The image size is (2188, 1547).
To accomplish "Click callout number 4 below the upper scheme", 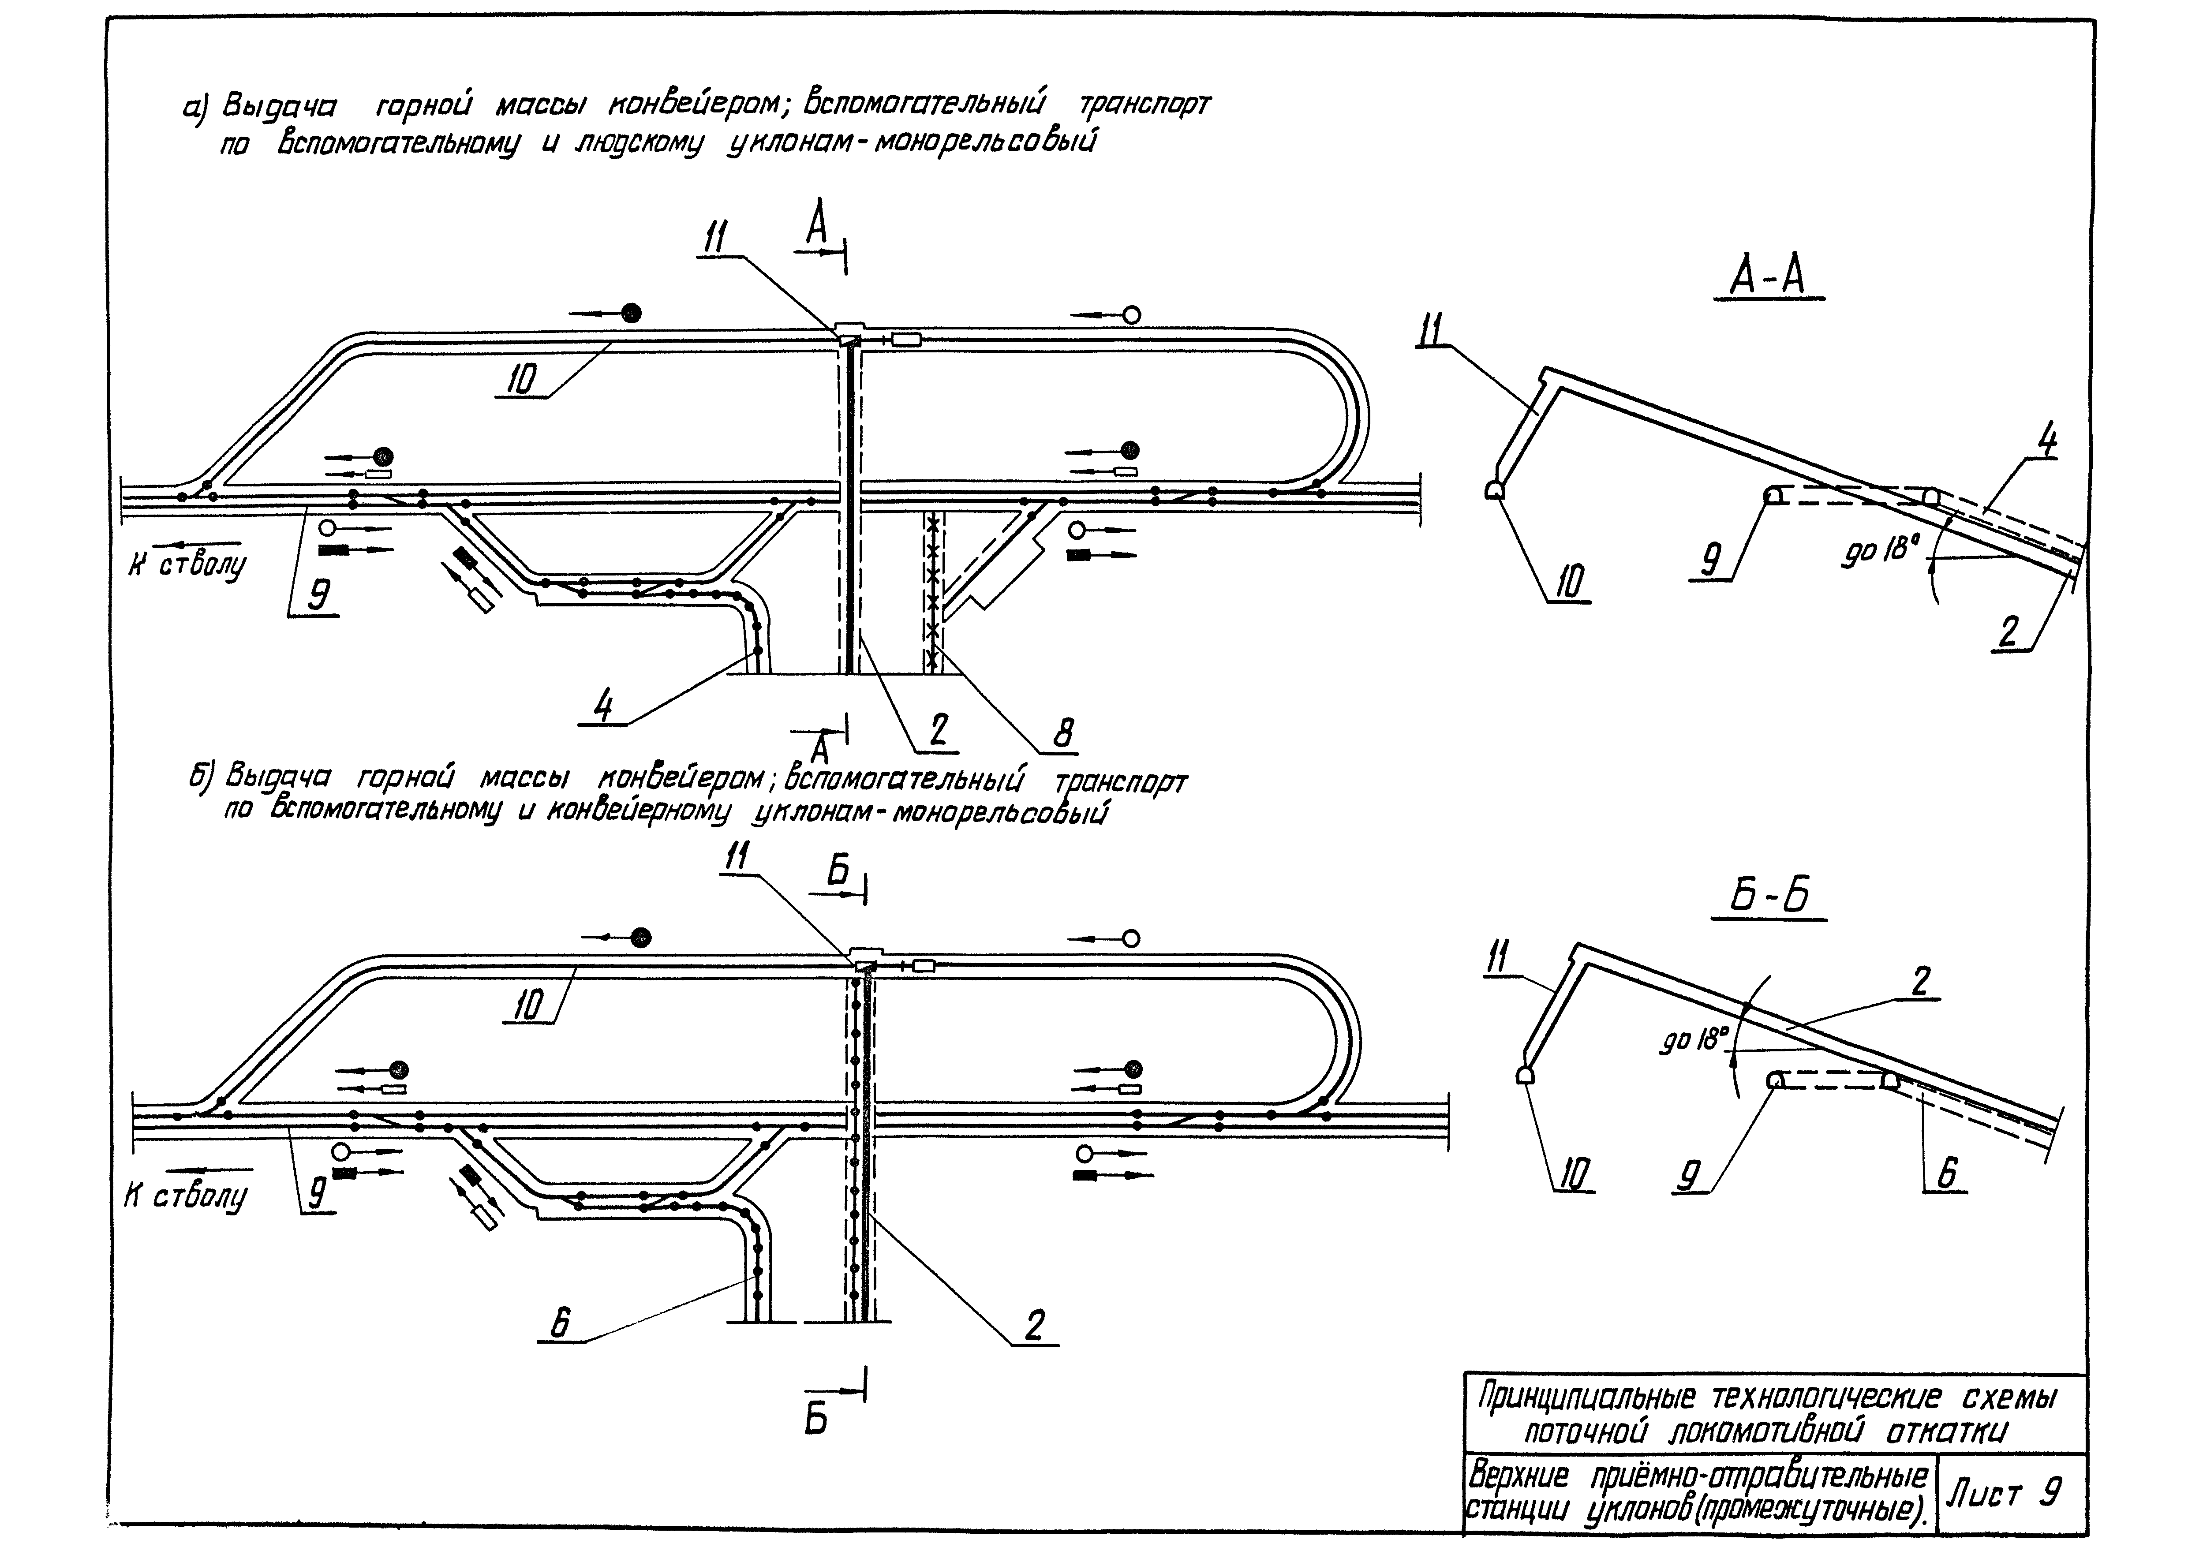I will (603, 706).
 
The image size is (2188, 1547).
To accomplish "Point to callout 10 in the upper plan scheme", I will (520, 380).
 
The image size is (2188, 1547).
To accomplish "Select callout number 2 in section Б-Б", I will (1920, 980).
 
